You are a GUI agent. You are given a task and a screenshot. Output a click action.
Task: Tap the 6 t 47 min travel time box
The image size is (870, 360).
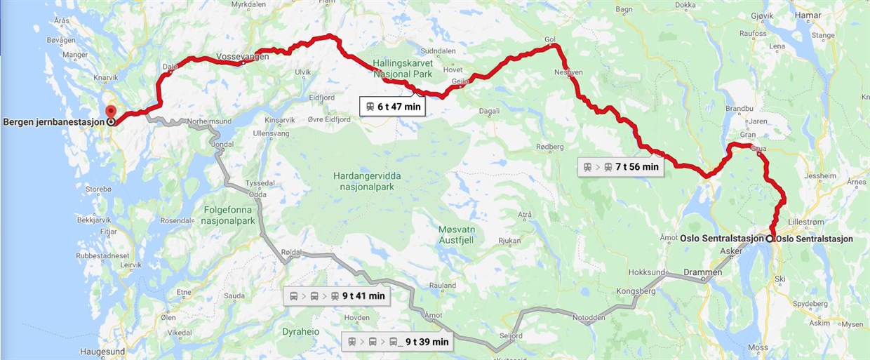tap(393, 107)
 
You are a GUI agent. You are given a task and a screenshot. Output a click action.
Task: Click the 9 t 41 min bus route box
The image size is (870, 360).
tap(336, 296)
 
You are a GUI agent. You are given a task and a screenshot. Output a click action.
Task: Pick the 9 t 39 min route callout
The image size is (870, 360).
tap(397, 342)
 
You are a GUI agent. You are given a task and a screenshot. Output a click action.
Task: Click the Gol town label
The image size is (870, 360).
tap(549, 39)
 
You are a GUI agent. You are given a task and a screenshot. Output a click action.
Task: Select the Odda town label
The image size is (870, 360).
tap(256, 195)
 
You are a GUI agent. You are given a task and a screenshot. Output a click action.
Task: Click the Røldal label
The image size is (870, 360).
tap(290, 253)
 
